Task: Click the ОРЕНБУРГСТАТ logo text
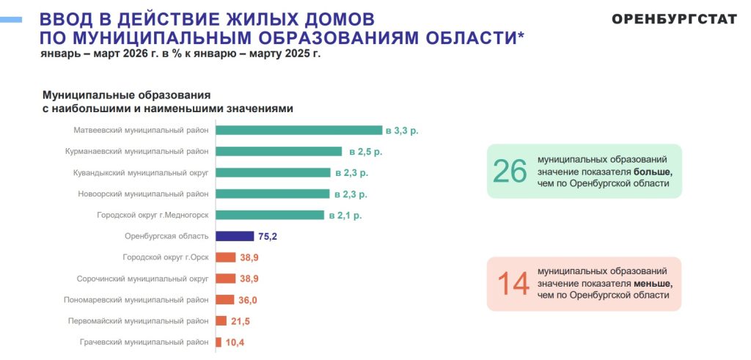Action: (674, 19)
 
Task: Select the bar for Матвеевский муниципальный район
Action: (299, 131)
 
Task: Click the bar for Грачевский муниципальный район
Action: (219, 342)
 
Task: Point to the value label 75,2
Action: (268, 236)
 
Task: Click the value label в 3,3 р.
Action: (406, 131)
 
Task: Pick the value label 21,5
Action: (241, 321)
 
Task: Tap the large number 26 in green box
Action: (510, 171)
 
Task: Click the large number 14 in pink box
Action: (513, 284)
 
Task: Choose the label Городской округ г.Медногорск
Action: (153, 216)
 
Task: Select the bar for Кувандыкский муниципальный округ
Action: (273, 173)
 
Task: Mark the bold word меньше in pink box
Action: (653, 283)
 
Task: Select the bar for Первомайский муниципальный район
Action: (221, 321)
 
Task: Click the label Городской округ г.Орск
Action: (166, 257)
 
